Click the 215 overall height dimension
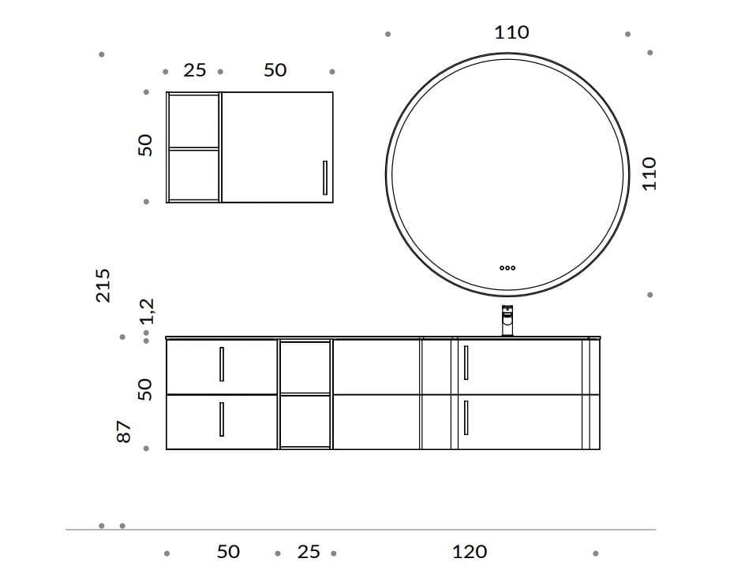click(103, 285)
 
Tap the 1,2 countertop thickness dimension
click(147, 311)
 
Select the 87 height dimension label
click(124, 431)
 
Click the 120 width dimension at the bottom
click(470, 552)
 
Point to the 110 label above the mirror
click(511, 32)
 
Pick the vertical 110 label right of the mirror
click(649, 174)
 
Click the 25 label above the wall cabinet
click(195, 71)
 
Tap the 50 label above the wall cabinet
click(275, 70)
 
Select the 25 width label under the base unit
click(309, 552)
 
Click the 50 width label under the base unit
click(228, 552)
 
